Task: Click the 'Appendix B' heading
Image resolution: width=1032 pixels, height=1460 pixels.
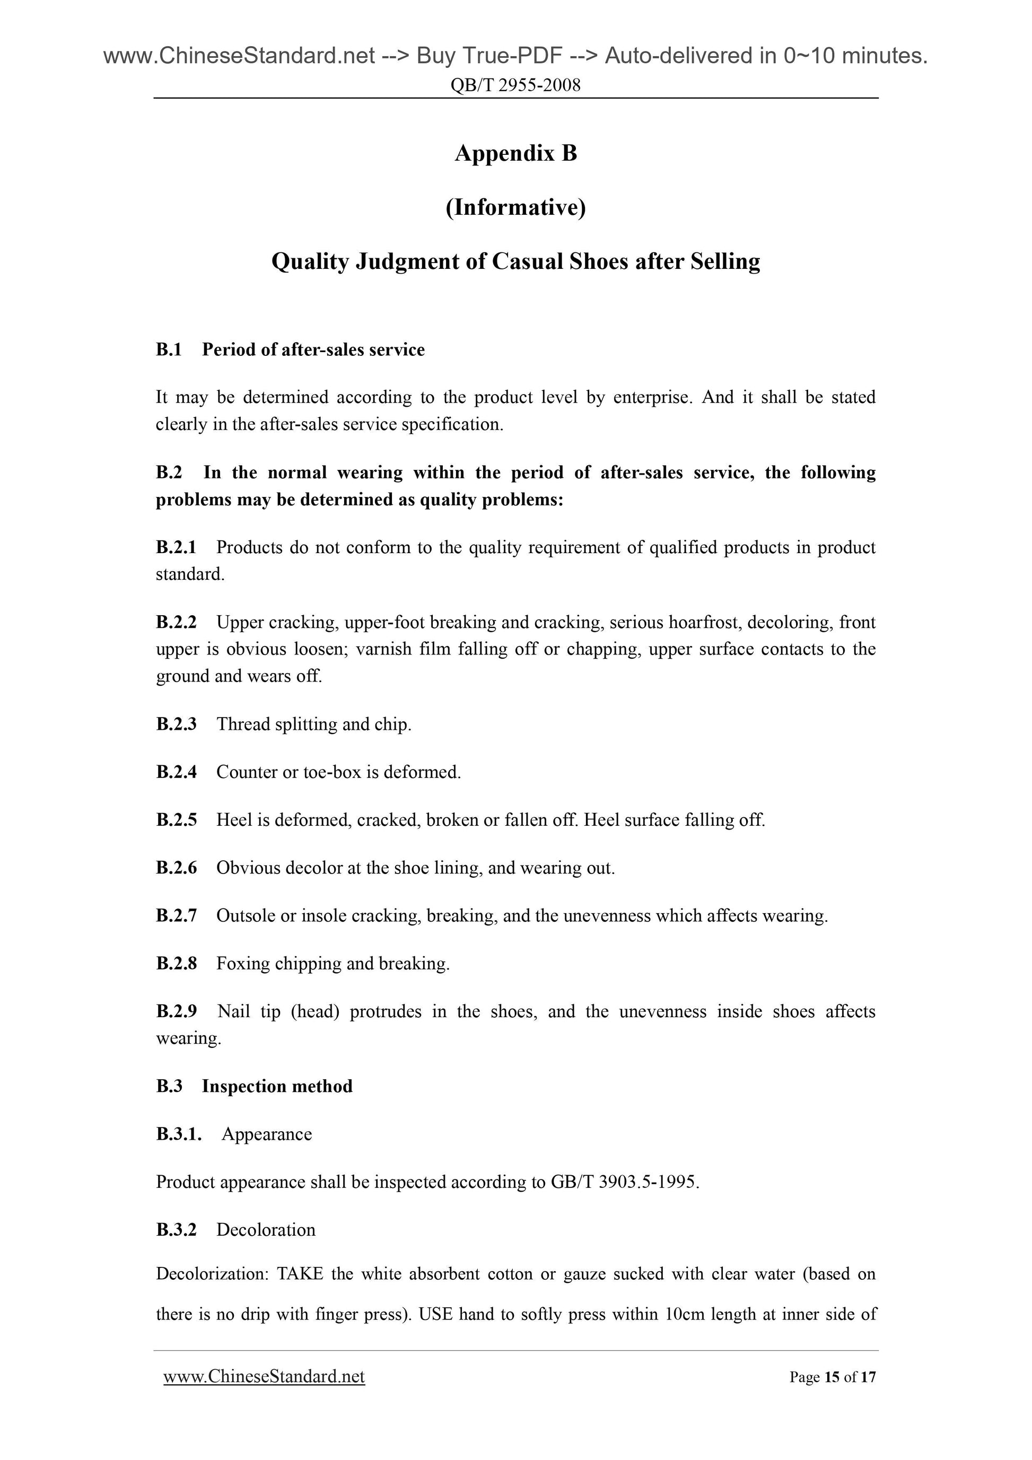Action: tap(515, 153)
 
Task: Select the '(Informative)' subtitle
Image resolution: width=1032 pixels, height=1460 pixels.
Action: tap(515, 207)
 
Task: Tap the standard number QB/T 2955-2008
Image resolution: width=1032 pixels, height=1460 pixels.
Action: tap(515, 85)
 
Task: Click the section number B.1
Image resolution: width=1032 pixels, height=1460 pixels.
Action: tap(169, 349)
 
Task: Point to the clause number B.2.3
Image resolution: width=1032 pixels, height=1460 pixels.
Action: tap(176, 724)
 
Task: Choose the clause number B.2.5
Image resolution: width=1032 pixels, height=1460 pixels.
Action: tap(176, 820)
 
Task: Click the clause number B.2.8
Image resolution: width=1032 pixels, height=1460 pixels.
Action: tap(176, 964)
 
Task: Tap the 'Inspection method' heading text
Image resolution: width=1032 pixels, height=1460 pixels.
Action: tap(277, 1086)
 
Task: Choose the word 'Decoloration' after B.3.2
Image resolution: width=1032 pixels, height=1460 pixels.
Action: tap(266, 1230)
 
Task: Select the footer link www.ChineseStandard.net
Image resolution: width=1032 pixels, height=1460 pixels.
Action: tap(264, 1377)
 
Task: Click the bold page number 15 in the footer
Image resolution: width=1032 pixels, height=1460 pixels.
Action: tap(831, 1377)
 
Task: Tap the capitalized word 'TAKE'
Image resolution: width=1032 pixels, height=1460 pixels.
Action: tap(300, 1274)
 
